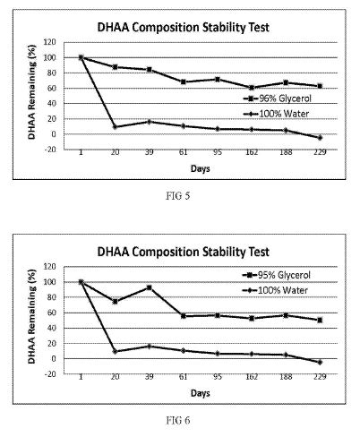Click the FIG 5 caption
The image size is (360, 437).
[178, 196]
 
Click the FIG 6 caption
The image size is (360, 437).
[178, 420]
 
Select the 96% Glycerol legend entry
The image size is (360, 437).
[278, 99]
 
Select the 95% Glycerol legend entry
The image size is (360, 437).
[277, 275]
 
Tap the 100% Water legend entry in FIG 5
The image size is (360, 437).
[276, 114]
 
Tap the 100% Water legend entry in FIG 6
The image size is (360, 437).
[275, 290]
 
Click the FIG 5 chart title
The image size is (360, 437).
[184, 28]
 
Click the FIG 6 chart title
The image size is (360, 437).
[184, 252]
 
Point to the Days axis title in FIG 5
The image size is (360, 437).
[201, 168]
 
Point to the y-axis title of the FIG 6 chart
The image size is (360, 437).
[31, 317]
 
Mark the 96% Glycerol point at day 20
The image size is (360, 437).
[115, 67]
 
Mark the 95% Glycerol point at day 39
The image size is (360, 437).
[150, 287]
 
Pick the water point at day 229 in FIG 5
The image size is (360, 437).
[320, 138]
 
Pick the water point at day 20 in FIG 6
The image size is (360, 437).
[115, 351]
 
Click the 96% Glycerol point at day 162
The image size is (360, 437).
[252, 88]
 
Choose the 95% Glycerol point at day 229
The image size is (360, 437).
[320, 320]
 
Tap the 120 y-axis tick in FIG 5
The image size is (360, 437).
[49, 42]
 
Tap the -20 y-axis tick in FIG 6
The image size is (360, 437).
[49, 374]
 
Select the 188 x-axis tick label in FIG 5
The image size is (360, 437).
[286, 152]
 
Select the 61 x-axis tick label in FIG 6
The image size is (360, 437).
[184, 377]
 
